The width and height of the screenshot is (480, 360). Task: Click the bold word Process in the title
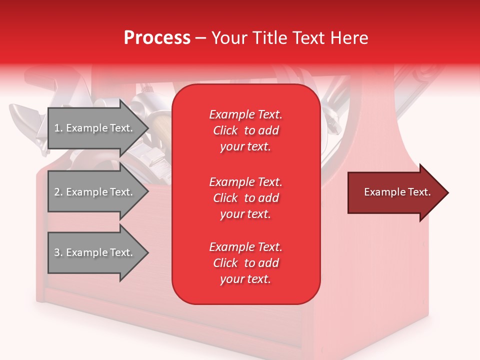point(157,38)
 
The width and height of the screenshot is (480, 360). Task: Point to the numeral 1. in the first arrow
point(58,128)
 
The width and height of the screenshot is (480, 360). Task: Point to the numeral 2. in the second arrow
point(58,192)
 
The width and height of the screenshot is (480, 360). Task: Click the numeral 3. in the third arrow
point(58,252)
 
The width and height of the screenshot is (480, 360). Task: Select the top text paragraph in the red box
point(245,130)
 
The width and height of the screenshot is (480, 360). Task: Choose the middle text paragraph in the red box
point(245,197)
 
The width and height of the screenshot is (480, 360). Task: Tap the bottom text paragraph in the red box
point(245,263)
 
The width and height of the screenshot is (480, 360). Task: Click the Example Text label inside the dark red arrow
point(397,192)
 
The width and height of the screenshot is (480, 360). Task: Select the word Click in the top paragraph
point(225,130)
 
